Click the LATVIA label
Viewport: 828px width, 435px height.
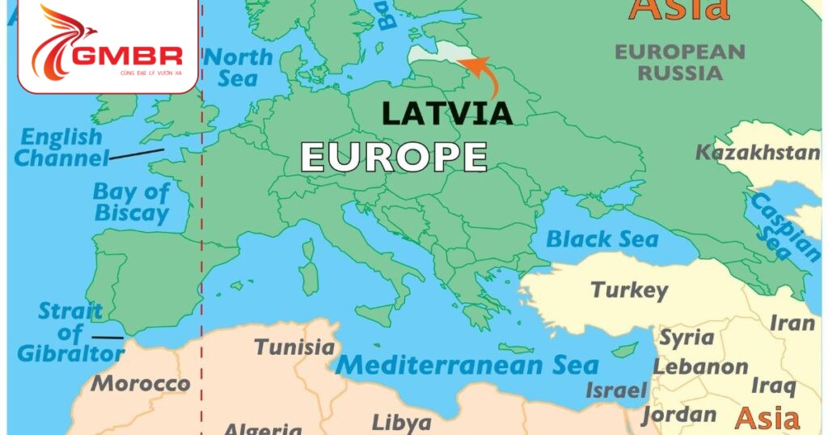446,113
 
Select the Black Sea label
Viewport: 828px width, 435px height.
602,239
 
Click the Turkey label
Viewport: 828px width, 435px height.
629,289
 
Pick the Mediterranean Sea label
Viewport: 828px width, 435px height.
467,365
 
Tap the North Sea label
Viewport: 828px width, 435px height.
238,68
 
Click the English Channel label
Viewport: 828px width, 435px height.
61,147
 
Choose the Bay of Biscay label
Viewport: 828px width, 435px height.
131,203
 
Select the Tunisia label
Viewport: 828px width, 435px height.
294,348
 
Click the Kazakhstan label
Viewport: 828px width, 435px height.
758,153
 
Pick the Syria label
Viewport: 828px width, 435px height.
686,337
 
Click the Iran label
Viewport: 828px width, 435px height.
792,323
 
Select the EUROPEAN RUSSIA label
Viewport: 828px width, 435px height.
679,62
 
